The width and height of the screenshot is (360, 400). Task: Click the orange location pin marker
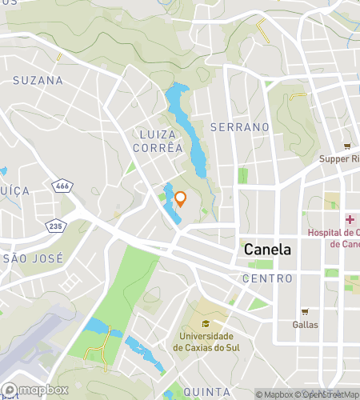point(181,198)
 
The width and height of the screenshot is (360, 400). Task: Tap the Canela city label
point(267,250)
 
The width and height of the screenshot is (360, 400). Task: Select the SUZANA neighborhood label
point(38,81)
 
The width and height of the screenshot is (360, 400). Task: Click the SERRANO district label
point(239,127)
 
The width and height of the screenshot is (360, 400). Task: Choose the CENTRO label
point(266,278)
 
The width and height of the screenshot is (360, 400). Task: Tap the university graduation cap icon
point(206,324)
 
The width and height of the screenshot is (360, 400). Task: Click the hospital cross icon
point(350,220)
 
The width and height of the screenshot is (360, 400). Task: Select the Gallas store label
point(305,324)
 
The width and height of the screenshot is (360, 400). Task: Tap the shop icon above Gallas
point(305,312)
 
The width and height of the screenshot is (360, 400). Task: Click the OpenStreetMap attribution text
point(328,394)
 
